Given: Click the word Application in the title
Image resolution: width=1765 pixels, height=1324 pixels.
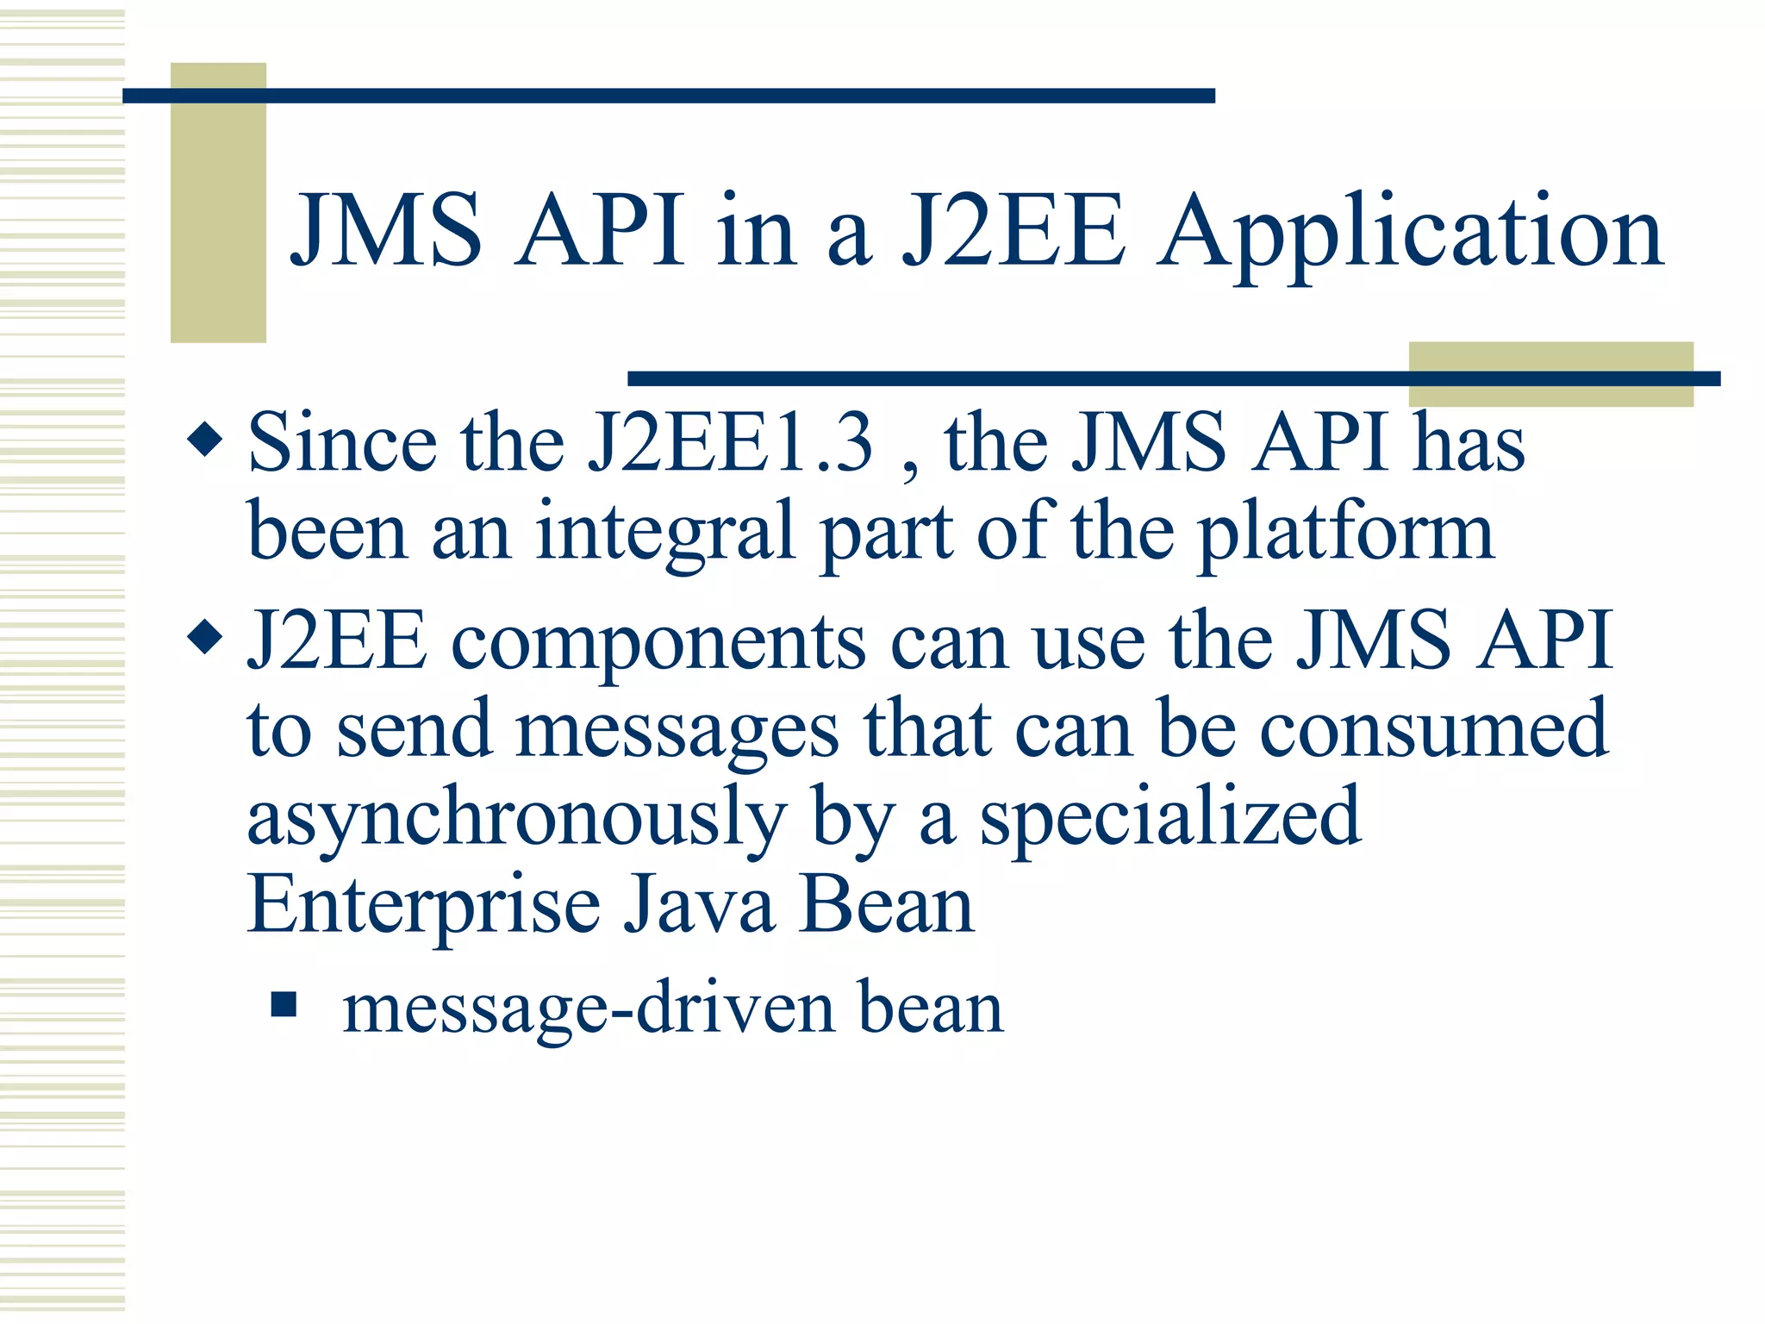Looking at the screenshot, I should (1410, 233).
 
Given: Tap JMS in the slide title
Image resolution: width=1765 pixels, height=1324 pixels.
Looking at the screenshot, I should (386, 231).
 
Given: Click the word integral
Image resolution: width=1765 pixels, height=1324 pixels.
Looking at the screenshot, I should (664, 533).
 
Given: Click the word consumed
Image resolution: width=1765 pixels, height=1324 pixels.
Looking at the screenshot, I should (1434, 730).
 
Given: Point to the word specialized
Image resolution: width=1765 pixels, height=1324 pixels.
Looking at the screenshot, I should (1170, 819).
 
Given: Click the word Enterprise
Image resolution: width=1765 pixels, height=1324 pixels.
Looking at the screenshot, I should (424, 907).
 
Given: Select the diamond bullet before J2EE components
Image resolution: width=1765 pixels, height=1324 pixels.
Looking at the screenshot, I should (205, 639).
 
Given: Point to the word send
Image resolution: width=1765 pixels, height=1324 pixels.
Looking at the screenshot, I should (414, 731).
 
